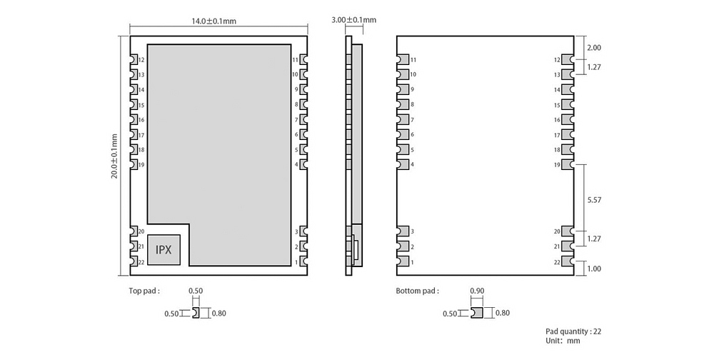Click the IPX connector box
(x=164, y=250)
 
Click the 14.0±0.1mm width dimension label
(x=213, y=21)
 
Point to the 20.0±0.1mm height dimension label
(x=114, y=156)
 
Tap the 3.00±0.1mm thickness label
(x=354, y=19)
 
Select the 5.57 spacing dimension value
(x=595, y=200)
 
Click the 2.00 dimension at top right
(x=594, y=47)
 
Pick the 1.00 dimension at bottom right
(x=594, y=269)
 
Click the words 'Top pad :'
(x=144, y=291)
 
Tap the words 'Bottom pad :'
(x=418, y=291)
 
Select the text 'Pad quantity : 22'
(x=573, y=331)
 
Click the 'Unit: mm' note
(x=563, y=341)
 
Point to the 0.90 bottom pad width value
(x=477, y=291)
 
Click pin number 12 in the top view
(x=141, y=60)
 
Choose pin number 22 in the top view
(x=141, y=262)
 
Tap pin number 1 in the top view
(x=296, y=262)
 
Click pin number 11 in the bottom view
(x=413, y=60)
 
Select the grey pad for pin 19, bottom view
(x=567, y=164)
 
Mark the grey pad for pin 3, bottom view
(x=403, y=231)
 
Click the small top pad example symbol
(x=196, y=313)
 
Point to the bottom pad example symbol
(x=477, y=313)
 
